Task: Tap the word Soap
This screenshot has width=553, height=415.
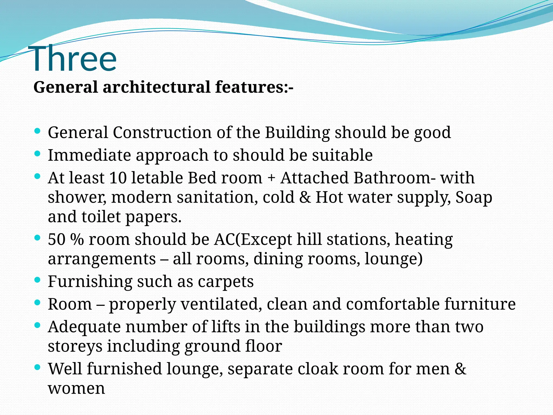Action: [474, 198]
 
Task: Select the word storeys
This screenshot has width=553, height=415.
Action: [75, 347]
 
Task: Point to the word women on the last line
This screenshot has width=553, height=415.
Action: [76, 389]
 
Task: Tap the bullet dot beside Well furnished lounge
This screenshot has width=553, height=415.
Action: [38, 367]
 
